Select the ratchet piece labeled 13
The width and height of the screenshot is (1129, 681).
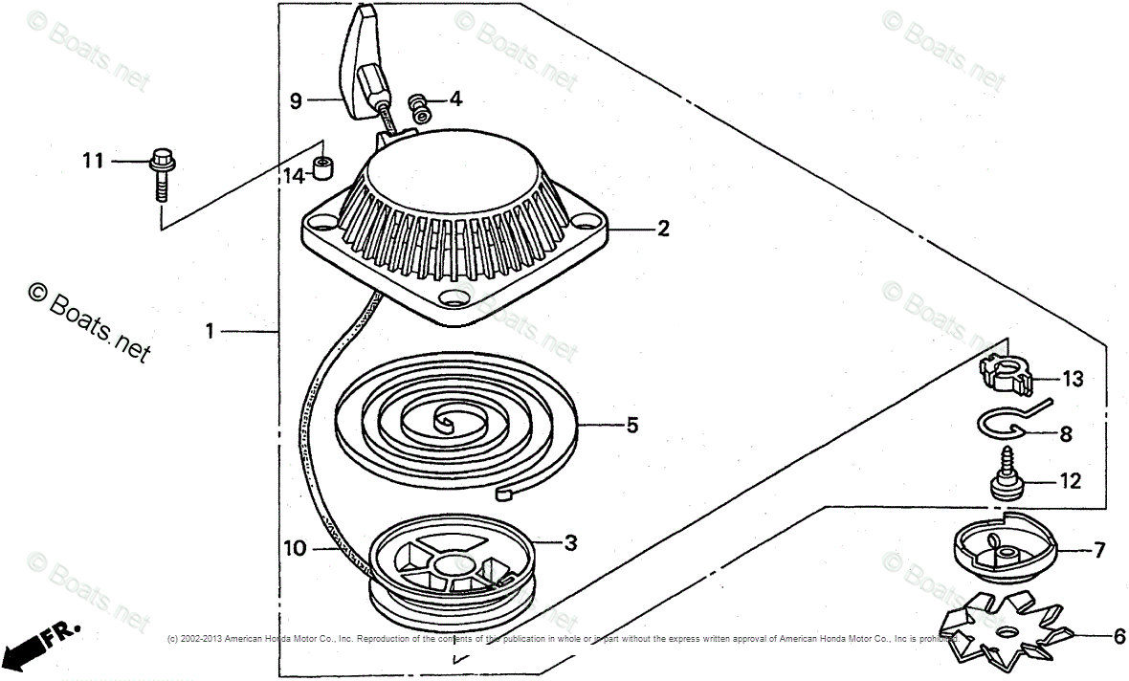[x=1005, y=373]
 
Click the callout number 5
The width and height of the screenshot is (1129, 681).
[x=632, y=425]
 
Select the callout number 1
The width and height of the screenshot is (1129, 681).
[x=210, y=332]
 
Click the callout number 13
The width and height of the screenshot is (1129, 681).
[x=1073, y=380]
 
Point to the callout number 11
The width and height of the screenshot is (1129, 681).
[x=92, y=162]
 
